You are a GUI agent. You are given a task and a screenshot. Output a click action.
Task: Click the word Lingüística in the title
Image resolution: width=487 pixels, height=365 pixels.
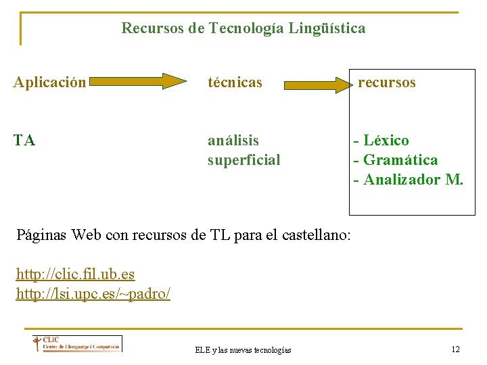coord(327,28)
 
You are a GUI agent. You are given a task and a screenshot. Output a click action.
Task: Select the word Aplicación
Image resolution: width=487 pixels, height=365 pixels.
coord(50,83)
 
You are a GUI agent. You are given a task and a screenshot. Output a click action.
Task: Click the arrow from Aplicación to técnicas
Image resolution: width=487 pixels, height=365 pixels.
coord(137,82)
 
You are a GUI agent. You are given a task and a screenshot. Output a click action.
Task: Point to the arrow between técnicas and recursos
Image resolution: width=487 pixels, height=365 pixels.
coord(316,84)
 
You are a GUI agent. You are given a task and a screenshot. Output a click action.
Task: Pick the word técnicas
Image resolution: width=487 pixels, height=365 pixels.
coord(235,83)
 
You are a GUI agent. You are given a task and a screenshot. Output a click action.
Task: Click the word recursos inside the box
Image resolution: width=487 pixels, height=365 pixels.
coord(387,82)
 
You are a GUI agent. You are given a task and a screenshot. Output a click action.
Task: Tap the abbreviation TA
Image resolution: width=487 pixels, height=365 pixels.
coord(24,141)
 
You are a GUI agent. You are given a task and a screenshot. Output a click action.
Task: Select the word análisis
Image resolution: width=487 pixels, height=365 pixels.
coord(233,141)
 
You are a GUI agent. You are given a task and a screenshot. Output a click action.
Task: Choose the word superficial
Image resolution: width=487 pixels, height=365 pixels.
coord(243,160)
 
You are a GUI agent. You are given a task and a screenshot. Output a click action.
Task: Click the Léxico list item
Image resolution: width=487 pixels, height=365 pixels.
coord(381,141)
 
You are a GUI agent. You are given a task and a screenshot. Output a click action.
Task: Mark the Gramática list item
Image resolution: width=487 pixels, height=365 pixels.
coord(396,160)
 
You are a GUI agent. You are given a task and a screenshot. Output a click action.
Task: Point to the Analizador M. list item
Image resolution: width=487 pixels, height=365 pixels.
coord(409,180)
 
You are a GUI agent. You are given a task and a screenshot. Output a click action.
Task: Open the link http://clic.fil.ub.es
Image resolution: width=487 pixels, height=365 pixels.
coord(75,274)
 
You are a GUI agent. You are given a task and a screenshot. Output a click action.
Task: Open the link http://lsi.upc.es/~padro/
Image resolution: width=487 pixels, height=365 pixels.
coord(93,294)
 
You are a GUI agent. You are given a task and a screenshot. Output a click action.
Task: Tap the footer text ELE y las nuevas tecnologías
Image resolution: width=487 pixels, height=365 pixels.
coord(243,349)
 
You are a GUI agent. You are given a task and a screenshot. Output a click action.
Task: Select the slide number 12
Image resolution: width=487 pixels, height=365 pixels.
coord(455,349)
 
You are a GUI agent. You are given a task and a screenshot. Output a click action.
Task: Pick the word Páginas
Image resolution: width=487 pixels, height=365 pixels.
coord(41,236)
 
